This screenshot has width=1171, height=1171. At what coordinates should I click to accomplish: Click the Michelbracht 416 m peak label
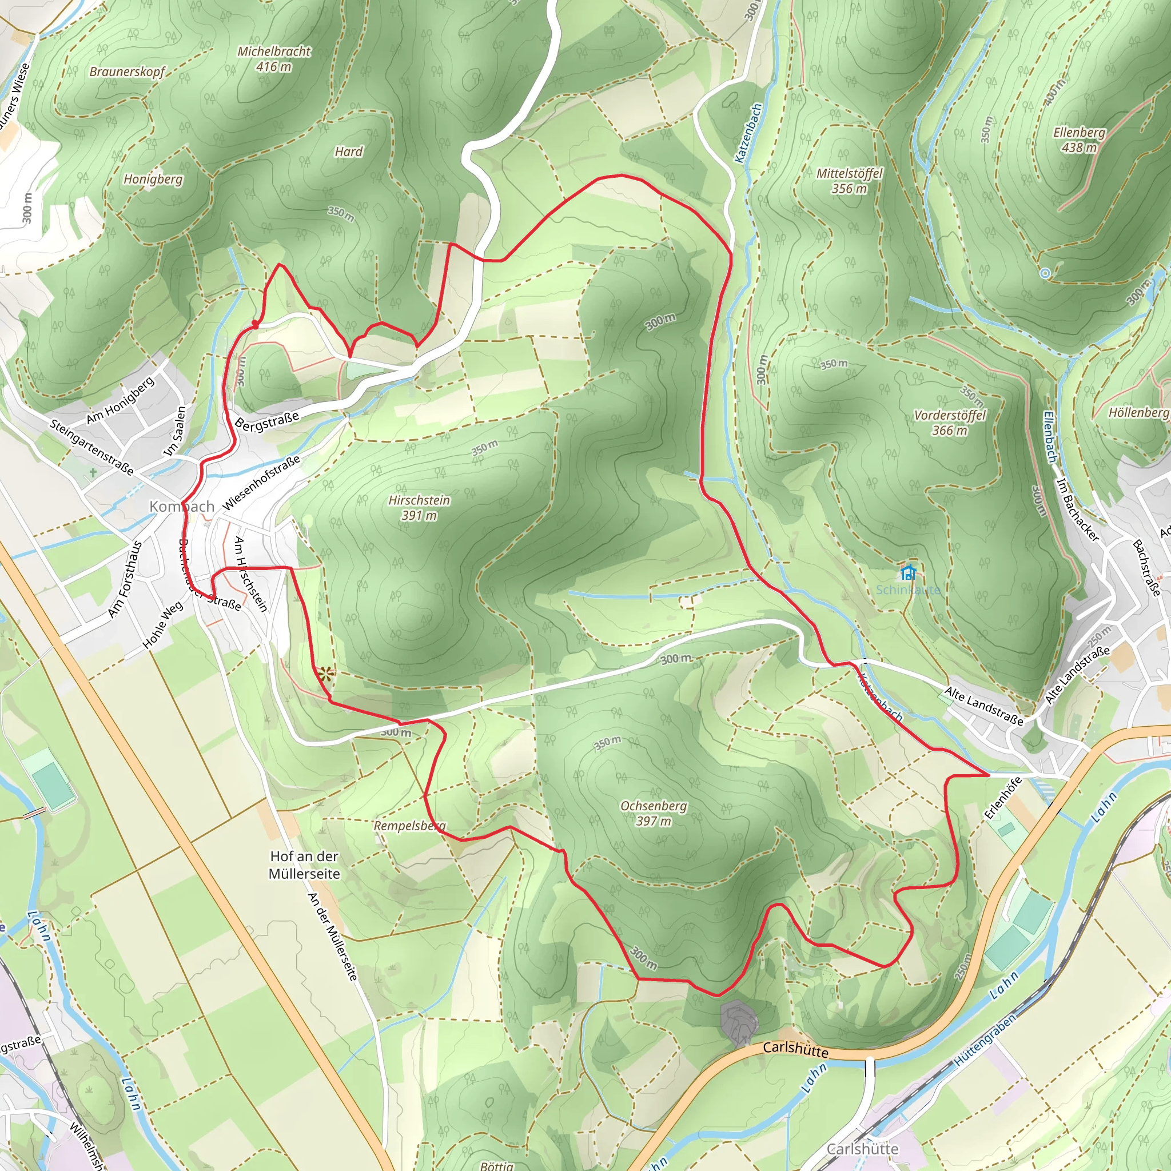tap(273, 59)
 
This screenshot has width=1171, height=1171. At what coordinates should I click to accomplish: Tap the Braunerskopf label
tap(127, 71)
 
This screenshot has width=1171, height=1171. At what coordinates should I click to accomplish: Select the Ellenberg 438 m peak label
tap(1079, 140)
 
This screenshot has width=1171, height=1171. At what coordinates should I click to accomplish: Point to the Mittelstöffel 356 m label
tap(849, 181)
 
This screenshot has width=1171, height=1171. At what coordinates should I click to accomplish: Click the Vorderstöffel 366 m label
tap(949, 423)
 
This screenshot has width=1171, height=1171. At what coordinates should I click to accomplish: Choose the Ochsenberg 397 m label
tap(654, 813)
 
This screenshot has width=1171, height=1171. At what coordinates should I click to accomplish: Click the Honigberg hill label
tap(153, 179)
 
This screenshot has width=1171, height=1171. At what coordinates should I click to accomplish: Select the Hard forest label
tap(349, 152)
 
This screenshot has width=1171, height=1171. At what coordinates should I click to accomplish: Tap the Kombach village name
tap(182, 506)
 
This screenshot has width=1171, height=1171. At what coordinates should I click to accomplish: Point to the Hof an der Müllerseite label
tap(304, 865)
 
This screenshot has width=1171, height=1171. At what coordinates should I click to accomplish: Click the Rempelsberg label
tap(410, 826)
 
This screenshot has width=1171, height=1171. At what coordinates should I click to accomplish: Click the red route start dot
tap(255, 325)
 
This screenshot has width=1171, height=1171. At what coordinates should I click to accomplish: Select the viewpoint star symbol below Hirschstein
tap(325, 674)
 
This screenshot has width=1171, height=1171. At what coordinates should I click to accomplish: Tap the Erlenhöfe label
tap(1002, 798)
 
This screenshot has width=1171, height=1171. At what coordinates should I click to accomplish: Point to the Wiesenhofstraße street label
tap(261, 483)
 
